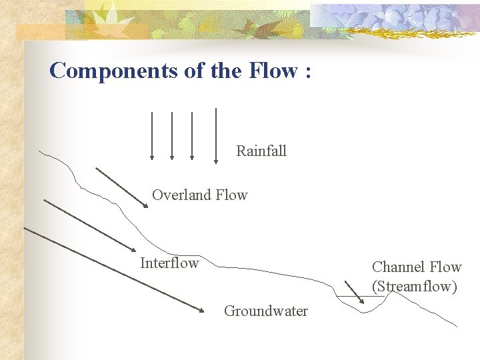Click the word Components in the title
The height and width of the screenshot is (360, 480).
111,71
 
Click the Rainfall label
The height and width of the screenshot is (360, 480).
261,151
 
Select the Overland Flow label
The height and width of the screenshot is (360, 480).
199,195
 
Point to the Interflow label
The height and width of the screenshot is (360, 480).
169,263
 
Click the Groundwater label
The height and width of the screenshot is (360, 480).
266,311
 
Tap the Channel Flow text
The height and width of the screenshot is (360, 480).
417,267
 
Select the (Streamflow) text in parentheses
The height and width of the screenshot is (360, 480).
415,287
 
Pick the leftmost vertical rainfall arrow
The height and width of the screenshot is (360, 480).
152,136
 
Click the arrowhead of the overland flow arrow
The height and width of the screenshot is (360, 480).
146,206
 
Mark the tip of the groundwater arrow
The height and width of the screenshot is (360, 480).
202,310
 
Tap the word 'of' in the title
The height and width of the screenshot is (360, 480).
193,71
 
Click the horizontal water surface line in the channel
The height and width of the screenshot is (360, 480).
350,296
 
